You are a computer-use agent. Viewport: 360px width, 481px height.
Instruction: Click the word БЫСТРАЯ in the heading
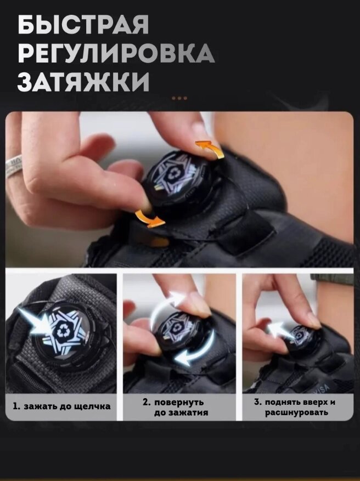coord(83,25)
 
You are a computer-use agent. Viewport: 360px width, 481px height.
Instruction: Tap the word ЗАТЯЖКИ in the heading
coord(83,82)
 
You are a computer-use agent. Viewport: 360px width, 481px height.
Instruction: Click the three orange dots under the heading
coord(179,98)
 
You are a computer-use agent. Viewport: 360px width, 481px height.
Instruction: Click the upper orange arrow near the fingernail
coord(210,149)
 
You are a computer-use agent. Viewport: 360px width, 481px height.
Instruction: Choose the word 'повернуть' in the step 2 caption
coord(179,402)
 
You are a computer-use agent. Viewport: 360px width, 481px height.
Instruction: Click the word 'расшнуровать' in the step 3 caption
coord(296,412)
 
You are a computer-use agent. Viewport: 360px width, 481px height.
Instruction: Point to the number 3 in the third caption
coord(257,402)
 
